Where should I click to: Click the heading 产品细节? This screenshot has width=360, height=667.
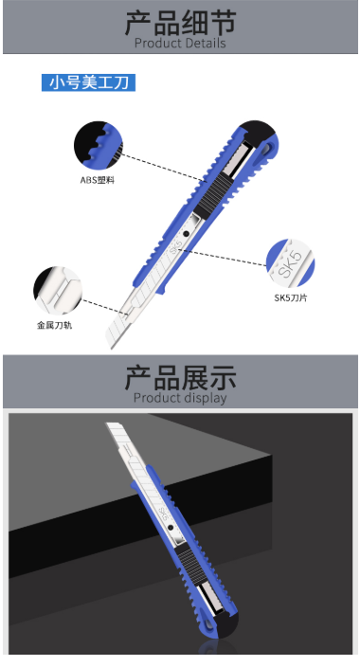pyautogui.click(x=180, y=23)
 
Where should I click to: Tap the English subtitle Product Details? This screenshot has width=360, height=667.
pyautogui.click(x=180, y=43)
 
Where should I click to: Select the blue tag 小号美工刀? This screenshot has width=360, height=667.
pyautogui.click(x=88, y=82)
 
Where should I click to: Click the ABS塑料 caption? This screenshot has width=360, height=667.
pyautogui.click(x=98, y=180)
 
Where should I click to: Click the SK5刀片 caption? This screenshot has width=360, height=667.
pyautogui.click(x=291, y=297)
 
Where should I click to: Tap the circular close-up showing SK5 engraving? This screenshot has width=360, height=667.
pyautogui.click(x=290, y=262)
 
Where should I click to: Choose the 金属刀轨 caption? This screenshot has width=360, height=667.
pyautogui.click(x=54, y=325)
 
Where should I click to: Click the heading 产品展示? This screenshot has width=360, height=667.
pyautogui.click(x=180, y=378)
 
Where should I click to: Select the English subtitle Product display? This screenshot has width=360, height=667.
pyautogui.click(x=180, y=398)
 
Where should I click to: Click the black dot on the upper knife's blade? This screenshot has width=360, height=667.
pyautogui.click(x=187, y=233)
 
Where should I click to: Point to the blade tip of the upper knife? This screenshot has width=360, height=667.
pyautogui.click(x=112, y=348)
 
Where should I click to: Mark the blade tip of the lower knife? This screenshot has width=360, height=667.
pyautogui.click(x=107, y=424)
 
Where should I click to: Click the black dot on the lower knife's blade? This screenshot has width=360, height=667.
pyautogui.click(x=171, y=528)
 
